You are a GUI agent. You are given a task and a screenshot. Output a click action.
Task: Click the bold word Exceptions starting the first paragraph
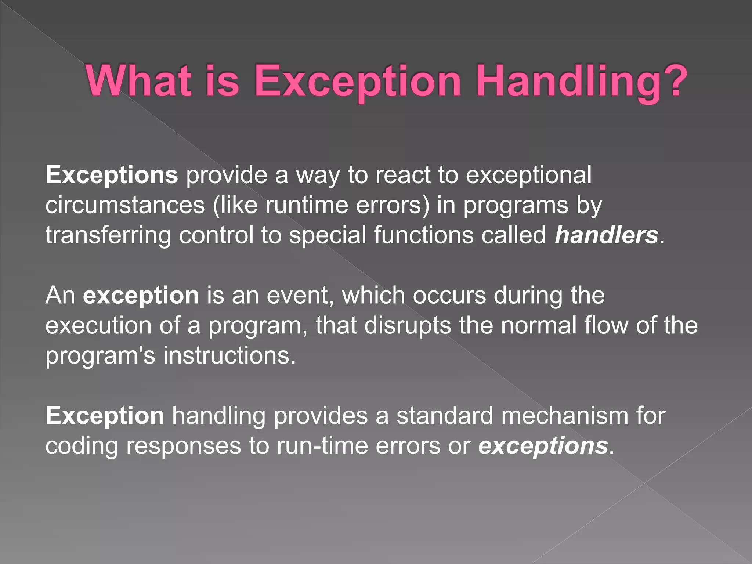pyautogui.click(x=112, y=175)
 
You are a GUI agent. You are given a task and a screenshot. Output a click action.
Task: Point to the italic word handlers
pyautogui.click(x=606, y=235)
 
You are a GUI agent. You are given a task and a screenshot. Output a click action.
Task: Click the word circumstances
pyautogui.click(x=125, y=205)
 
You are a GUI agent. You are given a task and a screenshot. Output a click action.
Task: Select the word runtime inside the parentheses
pyautogui.click(x=306, y=205)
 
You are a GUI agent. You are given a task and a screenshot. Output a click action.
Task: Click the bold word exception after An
pyautogui.click(x=141, y=296)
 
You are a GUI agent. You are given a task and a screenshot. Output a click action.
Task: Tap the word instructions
pyautogui.click(x=229, y=355)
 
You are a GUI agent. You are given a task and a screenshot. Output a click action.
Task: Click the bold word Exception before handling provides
pyautogui.click(x=105, y=416)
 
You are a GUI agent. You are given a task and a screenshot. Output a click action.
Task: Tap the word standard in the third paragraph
pyautogui.click(x=444, y=416)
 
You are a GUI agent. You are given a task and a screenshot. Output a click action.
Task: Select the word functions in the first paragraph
pyautogui.click(x=424, y=235)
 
